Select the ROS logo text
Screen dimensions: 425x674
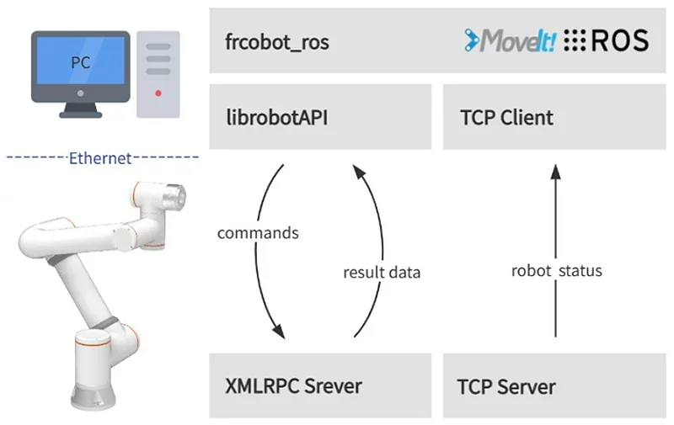(620, 40)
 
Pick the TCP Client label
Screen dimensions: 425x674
(506, 117)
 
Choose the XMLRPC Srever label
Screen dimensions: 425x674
(294, 386)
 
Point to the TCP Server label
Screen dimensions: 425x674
(506, 387)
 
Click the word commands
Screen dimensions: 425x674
(258, 232)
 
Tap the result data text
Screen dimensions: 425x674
(381, 273)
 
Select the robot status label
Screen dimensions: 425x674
(556, 271)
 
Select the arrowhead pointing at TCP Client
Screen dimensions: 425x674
(555, 172)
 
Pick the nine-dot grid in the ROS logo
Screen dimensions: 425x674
(574, 40)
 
